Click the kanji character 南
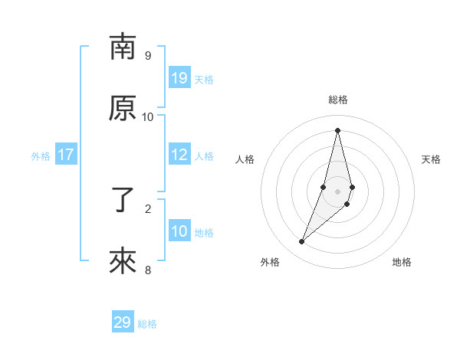coord(123,47)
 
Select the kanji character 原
coord(123,109)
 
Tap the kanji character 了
coord(123,201)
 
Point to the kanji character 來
coord(123,262)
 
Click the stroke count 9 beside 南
coord(148,55)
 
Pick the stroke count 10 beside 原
coord(148,116)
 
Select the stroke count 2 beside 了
coord(148,208)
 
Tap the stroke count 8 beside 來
coord(148,270)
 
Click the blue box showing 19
coord(179,78)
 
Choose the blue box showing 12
coord(179,155)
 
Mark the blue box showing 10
coord(179,231)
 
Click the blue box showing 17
coord(66,155)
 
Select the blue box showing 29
coord(123,322)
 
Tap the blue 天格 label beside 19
coord(204,79)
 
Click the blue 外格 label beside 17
coord(41,155)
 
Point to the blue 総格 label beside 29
coord(147,323)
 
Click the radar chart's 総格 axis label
coord(338,100)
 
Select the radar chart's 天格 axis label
coord(431,159)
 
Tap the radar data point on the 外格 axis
coord(302,242)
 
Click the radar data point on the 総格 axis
coord(338,130)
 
